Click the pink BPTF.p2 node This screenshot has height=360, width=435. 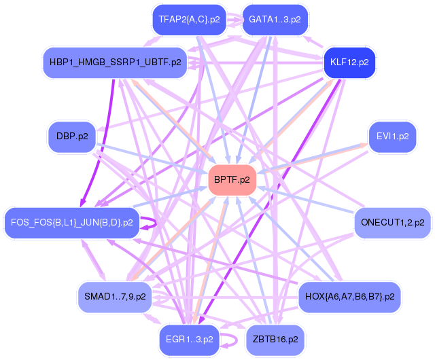click(232, 180)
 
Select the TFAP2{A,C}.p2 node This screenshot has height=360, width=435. click(190, 20)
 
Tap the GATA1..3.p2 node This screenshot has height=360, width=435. click(275, 20)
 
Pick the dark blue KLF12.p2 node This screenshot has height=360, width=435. click(349, 62)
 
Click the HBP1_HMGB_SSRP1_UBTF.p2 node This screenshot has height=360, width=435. click(114, 62)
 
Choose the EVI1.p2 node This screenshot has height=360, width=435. click(392, 137)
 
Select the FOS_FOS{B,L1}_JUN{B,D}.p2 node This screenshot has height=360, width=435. click(72, 222)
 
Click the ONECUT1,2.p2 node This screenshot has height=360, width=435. click(392, 222)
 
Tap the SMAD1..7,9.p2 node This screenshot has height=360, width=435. click(114, 297)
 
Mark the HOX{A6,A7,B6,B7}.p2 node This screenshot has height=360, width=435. click(349, 297)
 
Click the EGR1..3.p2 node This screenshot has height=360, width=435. click(190, 338)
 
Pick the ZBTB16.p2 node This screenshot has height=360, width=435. click(275, 338)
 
